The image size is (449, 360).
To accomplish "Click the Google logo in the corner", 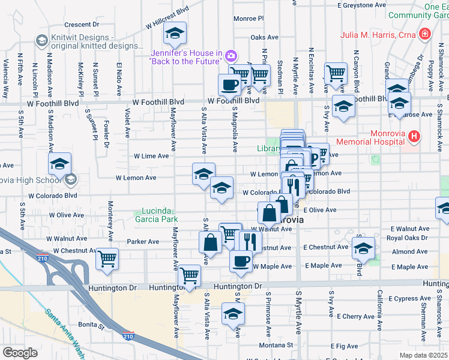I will [x=20, y=353].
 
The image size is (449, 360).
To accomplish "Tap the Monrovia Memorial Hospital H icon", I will [x=413, y=137].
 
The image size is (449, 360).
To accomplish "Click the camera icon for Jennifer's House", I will [x=231, y=56].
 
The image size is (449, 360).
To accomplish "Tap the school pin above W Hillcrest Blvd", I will [x=175, y=33].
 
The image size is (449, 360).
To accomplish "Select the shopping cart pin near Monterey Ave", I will [x=107, y=259].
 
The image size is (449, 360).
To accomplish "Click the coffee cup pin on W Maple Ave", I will [x=241, y=261].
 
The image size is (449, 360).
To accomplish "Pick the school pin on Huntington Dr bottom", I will [x=233, y=313].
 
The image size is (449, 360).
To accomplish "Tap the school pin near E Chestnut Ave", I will [x=364, y=248].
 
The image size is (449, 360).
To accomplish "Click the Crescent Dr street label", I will [x=81, y=25].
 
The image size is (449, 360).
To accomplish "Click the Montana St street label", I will [x=276, y=345].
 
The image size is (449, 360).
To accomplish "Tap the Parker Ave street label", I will [x=143, y=242].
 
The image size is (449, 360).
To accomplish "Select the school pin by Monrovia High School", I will [x=60, y=164].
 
